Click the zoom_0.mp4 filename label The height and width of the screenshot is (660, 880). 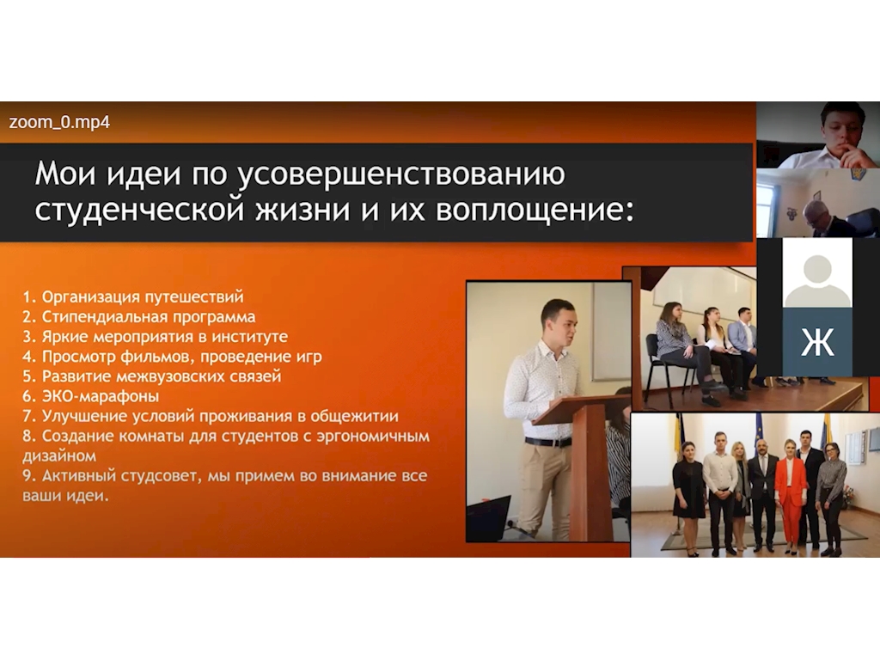pyautogui.click(x=59, y=122)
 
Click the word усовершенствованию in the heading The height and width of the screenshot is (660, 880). pyautogui.click(x=400, y=174)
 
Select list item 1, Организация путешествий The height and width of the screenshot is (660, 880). pyautogui.click(x=133, y=296)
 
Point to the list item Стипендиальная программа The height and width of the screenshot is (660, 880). pyautogui.click(x=139, y=316)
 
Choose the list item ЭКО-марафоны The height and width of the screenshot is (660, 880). pyautogui.click(x=91, y=396)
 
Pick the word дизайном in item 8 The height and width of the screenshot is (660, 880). pyautogui.click(x=59, y=455)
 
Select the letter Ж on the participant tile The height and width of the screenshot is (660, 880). pyautogui.click(x=817, y=342)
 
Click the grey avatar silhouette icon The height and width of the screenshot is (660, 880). pyautogui.click(x=817, y=281)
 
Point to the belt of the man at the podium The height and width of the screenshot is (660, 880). pyautogui.click(x=548, y=442)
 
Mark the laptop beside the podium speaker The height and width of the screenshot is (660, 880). pyautogui.click(x=489, y=517)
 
